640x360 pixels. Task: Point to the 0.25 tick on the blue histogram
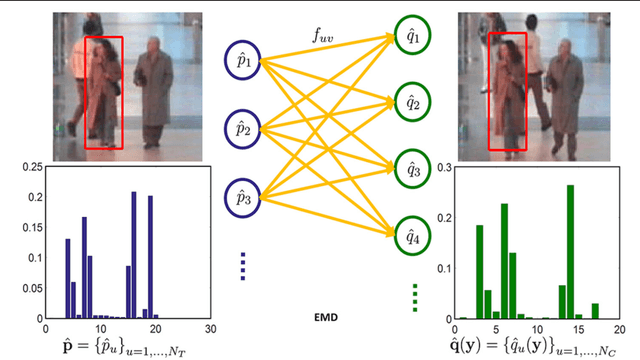click(30, 166)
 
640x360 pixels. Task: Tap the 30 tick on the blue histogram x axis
click(209, 326)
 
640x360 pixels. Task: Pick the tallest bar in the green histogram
click(570, 251)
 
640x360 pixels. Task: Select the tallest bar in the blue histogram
click(134, 254)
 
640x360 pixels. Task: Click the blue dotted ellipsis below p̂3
click(244, 264)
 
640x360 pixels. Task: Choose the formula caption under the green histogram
click(535, 346)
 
